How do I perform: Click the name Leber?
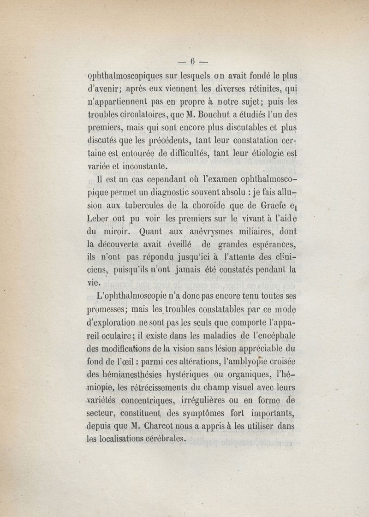[x=98, y=218]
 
